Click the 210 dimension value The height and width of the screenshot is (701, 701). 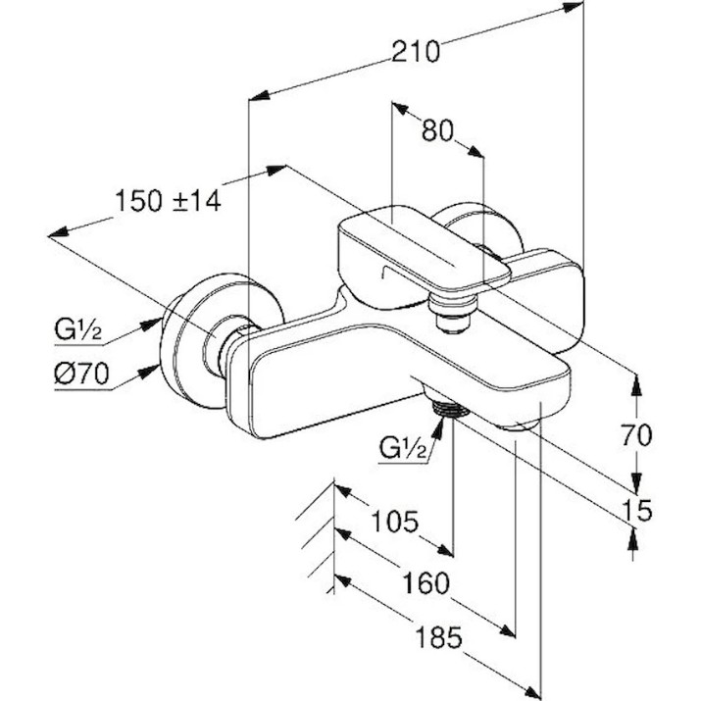click(x=416, y=51)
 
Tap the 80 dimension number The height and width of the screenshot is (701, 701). click(x=437, y=131)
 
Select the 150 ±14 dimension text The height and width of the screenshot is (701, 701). click(x=168, y=201)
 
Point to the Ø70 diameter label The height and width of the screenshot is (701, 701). click(x=81, y=374)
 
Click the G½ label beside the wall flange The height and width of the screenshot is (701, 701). click(x=78, y=330)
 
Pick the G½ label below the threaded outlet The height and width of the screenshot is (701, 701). click(x=403, y=448)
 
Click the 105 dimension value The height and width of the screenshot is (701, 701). click(x=395, y=522)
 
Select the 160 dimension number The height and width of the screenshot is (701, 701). click(x=426, y=583)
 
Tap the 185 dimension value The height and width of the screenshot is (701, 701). click(x=438, y=636)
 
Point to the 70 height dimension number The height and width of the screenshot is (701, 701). click(x=636, y=435)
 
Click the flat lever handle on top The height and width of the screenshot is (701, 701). click(x=424, y=248)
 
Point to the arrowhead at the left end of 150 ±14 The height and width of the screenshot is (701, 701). click(x=58, y=232)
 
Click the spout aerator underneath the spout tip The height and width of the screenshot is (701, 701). click(x=519, y=426)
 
